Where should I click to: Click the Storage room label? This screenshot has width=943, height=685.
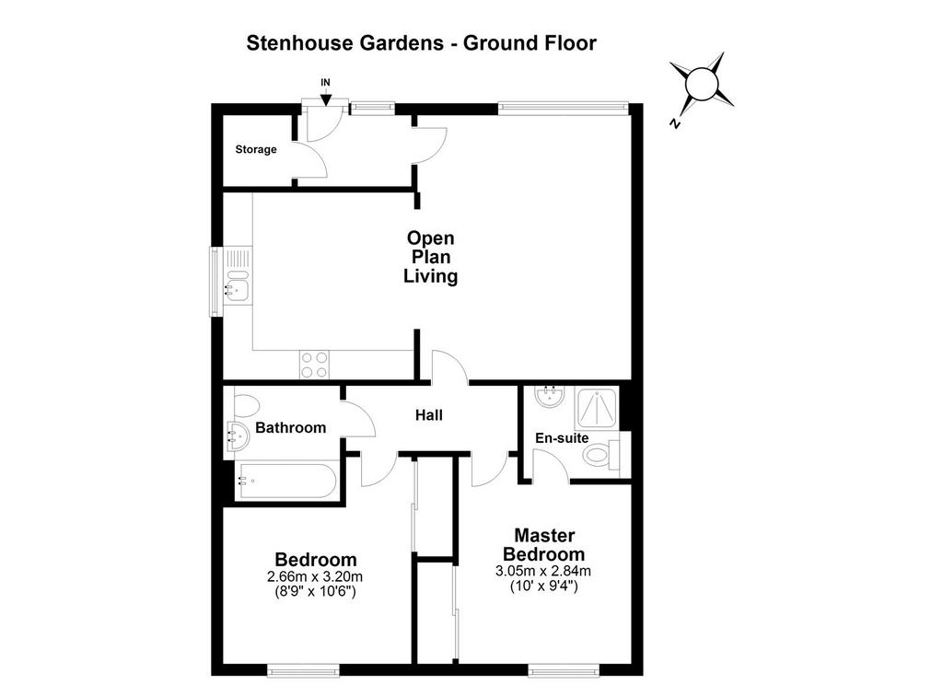point(256,149)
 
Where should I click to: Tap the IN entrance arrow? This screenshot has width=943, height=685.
point(325,97)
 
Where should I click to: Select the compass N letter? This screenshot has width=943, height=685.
point(675,122)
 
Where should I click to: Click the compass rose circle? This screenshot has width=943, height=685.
point(701,83)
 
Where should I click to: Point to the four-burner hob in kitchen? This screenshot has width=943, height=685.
point(315,365)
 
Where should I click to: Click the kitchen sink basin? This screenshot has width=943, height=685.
point(238,288)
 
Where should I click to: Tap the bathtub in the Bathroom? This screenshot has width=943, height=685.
point(287,481)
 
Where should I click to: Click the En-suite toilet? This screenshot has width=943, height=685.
point(602,455)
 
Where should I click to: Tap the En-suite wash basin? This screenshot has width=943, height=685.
point(549,396)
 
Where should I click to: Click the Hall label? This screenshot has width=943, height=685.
point(429,415)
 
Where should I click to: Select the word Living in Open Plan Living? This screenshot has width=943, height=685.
point(431,276)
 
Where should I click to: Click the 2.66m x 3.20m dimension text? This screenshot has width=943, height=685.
point(315,576)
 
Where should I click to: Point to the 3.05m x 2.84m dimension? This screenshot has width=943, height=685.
point(543,571)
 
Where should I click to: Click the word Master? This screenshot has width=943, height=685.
point(544,535)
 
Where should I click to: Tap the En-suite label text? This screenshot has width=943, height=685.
point(562,438)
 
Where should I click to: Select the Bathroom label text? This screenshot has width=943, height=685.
point(290,427)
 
